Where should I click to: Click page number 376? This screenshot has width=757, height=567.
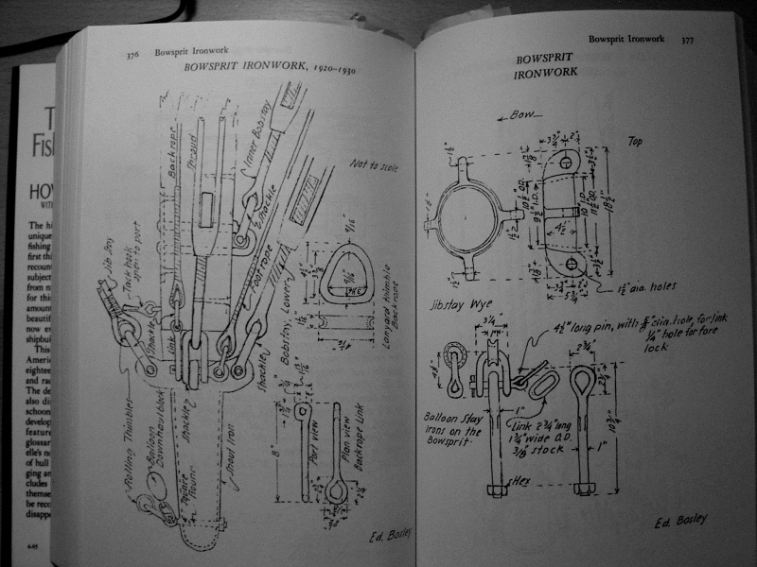tap(134, 56)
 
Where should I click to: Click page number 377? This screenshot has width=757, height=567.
tap(687, 41)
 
